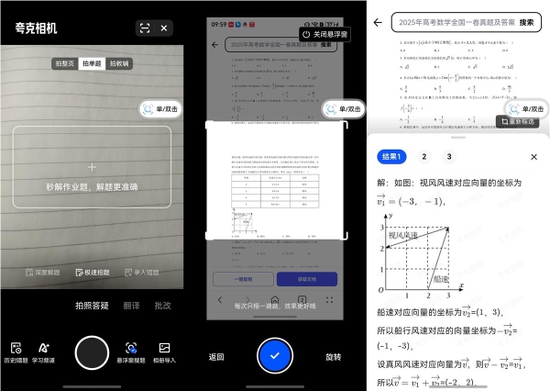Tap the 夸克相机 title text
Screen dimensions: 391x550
coord(36,28)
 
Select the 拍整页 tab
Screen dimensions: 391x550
coord(64,64)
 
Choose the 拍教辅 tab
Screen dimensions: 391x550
coord(119,64)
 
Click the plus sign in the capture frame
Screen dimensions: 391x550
coord(92,168)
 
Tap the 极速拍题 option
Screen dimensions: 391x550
coord(92,273)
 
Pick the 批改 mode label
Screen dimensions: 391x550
coord(162,306)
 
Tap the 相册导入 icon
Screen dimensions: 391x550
coord(165,352)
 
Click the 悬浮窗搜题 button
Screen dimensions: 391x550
coord(133,352)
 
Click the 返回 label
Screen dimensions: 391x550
coord(216,357)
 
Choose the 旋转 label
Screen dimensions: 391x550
coord(333,357)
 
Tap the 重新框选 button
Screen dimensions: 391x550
coord(523,122)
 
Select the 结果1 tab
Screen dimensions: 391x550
coord(392,157)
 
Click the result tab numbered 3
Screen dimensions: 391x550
coord(449,157)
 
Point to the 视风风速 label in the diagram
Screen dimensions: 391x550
coord(403,236)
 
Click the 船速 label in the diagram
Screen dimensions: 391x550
coord(441,277)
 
